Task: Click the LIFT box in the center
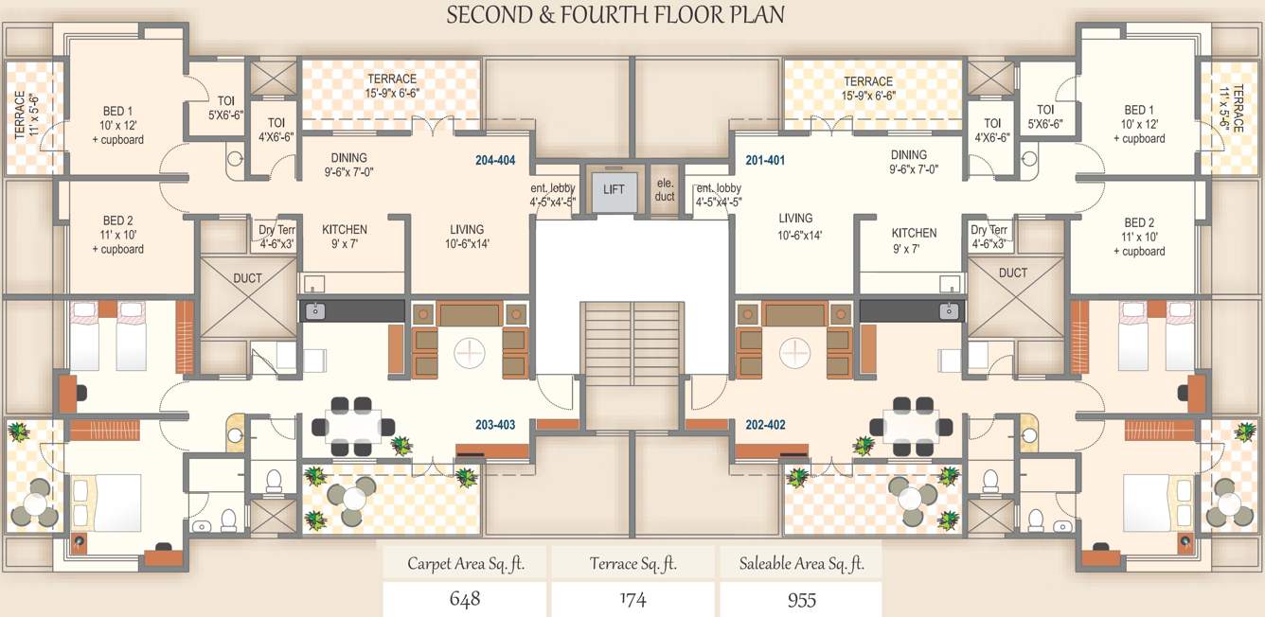(x=614, y=189)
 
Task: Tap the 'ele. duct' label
(x=665, y=190)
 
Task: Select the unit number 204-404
(x=495, y=161)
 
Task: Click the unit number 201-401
(x=765, y=161)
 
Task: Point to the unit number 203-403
(x=495, y=425)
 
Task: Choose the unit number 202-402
(x=765, y=425)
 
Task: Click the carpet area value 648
(x=465, y=599)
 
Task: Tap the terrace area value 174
(x=632, y=599)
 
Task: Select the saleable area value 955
(x=801, y=599)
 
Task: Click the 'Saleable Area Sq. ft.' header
(x=801, y=564)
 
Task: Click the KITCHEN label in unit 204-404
(x=345, y=230)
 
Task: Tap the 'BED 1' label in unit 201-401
(x=1139, y=110)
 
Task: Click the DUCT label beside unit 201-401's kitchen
(x=1012, y=273)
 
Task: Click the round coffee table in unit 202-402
(x=795, y=353)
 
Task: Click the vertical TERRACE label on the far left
(x=20, y=115)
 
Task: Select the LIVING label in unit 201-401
(x=795, y=219)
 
